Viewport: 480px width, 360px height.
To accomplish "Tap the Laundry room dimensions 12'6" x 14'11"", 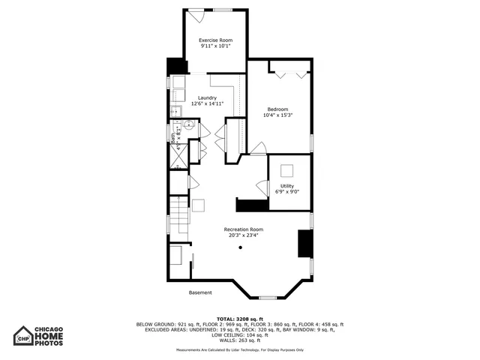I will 207,104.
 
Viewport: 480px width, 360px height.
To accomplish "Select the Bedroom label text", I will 278,109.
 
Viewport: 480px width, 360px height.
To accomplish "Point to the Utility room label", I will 287,185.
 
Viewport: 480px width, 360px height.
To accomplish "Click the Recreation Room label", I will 244,229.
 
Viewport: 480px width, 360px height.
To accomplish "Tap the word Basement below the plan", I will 200,292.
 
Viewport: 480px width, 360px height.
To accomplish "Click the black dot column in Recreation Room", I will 241,247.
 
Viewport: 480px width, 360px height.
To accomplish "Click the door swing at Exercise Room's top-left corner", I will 192,14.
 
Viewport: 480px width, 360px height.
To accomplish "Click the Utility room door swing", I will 262,187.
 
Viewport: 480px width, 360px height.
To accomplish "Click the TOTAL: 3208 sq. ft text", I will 239,319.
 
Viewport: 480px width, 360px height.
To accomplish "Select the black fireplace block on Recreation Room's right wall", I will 305,244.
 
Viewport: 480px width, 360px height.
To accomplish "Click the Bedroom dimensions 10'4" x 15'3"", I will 278,115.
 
